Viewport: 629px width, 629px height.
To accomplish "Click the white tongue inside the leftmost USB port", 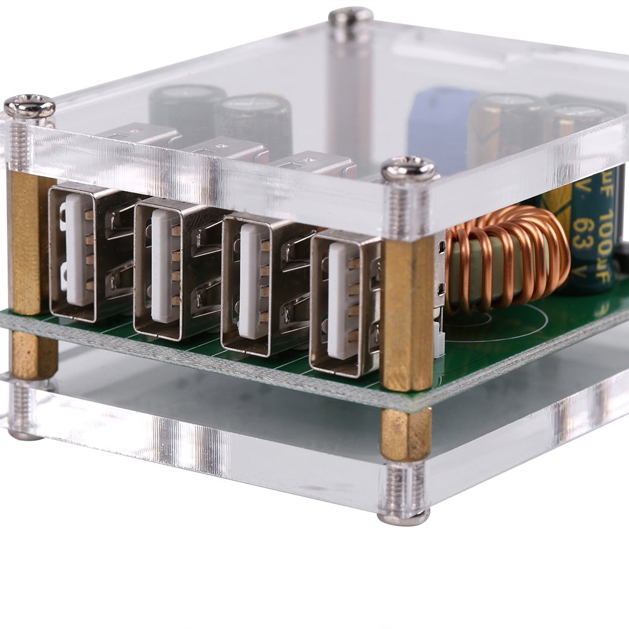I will tap(79, 249).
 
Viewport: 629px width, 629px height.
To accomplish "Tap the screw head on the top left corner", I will tap(30, 106).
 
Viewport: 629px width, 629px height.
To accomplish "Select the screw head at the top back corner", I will tap(351, 16).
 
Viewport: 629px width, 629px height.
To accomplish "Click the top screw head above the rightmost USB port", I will tap(408, 169).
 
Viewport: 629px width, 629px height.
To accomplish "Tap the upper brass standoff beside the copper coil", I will tap(408, 314).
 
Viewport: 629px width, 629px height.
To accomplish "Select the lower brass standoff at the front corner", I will tap(406, 434).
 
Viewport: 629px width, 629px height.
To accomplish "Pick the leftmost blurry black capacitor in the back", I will tap(185, 110).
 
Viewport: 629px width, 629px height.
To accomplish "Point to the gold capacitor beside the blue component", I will tap(503, 126).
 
